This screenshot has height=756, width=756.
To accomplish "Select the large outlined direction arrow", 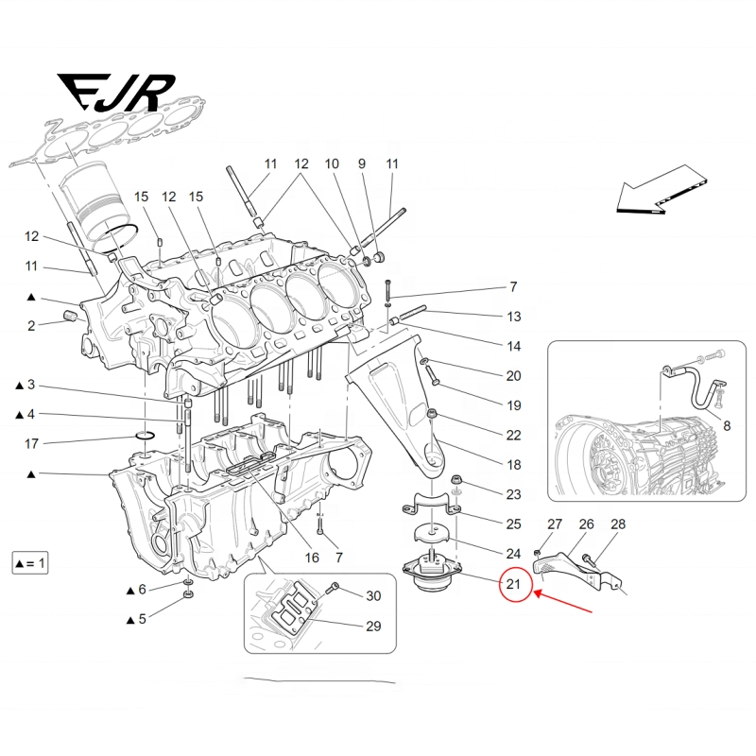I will (x=659, y=188).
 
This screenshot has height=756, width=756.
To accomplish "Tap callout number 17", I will (x=31, y=443).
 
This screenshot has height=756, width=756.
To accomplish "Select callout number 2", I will (x=31, y=326).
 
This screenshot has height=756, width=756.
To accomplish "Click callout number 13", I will (x=513, y=316).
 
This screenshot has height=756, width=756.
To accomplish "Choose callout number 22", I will (x=513, y=436).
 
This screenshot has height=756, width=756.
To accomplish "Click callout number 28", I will (x=618, y=524).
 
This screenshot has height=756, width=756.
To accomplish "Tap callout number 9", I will (x=361, y=164).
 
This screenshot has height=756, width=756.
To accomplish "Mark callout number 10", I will (x=332, y=164).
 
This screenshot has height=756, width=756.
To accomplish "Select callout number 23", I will (x=513, y=494).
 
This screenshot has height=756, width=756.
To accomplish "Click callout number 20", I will (x=513, y=376).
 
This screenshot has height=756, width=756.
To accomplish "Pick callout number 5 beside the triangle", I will (x=143, y=619).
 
